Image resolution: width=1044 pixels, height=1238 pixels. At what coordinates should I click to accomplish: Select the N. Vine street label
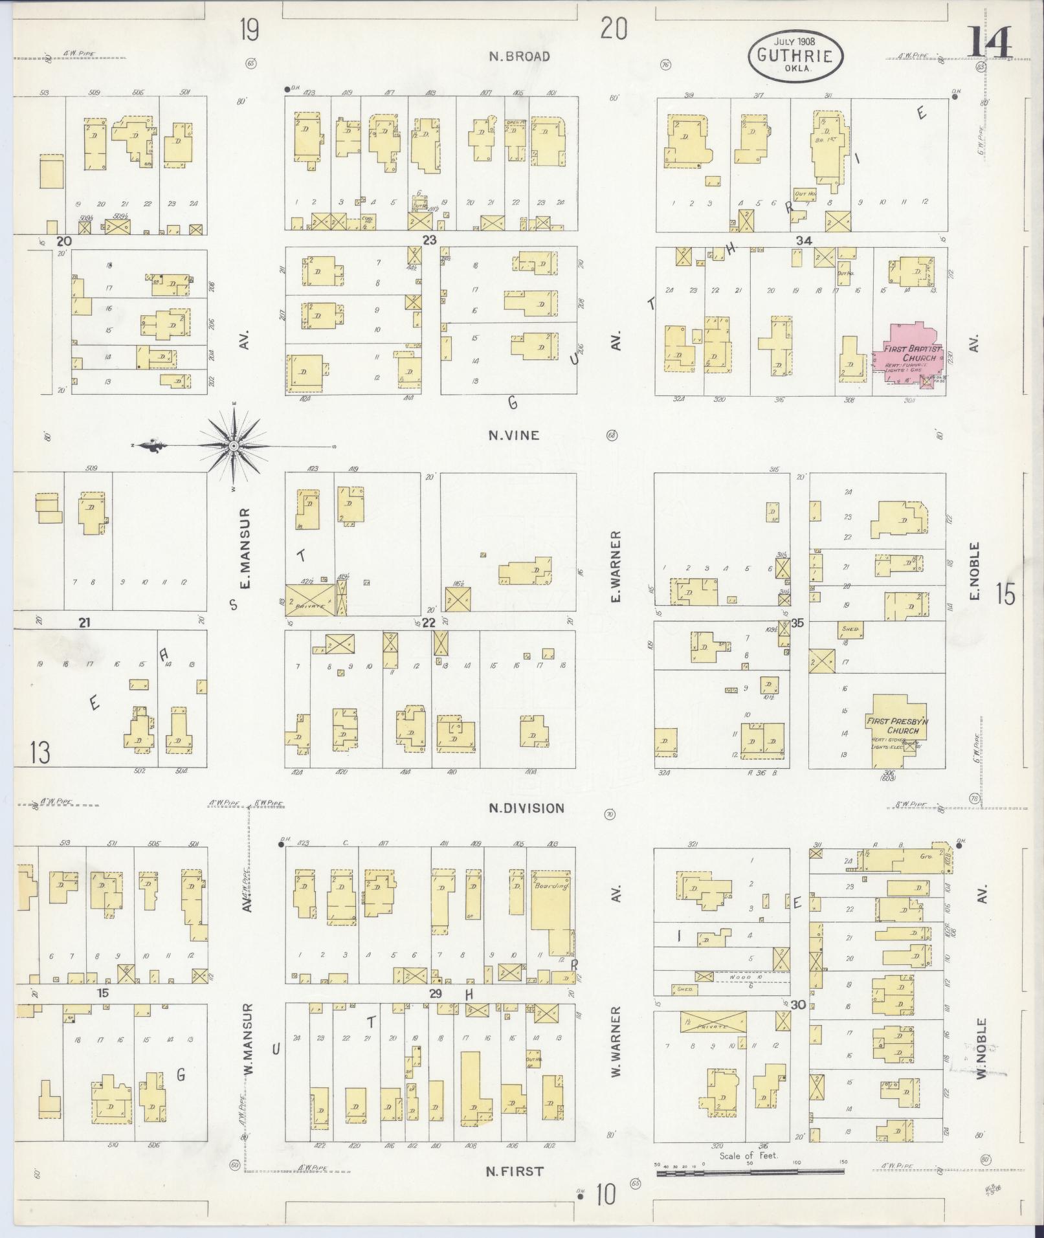click(513, 436)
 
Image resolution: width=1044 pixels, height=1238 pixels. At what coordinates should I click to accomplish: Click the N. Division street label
click(526, 808)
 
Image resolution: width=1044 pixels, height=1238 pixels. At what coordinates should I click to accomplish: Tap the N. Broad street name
click(519, 56)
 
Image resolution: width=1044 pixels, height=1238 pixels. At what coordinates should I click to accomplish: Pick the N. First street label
click(515, 1171)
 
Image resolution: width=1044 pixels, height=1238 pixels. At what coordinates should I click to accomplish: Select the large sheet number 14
click(989, 44)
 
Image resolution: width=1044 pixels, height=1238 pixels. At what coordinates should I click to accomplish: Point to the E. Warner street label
click(616, 566)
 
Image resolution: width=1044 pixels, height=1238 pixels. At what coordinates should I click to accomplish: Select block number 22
click(428, 623)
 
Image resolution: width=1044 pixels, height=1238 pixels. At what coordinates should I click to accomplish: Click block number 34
click(803, 241)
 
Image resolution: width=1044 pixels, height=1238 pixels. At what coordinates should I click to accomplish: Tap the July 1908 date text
click(795, 41)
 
